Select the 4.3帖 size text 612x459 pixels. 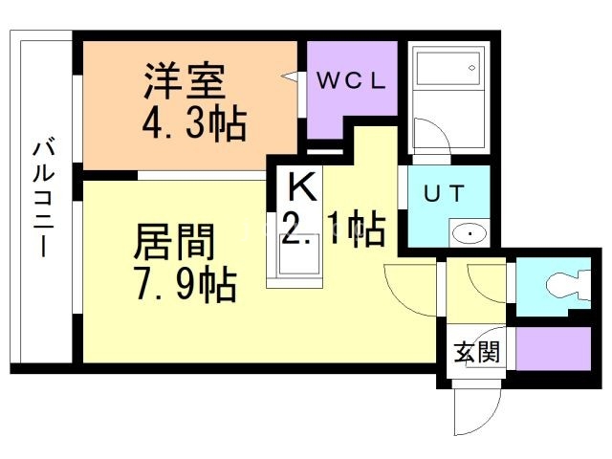tap(194, 123)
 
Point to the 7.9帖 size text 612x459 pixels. tap(182, 284)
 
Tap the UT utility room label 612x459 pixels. tap(445, 192)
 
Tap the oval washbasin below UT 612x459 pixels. tap(469, 231)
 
